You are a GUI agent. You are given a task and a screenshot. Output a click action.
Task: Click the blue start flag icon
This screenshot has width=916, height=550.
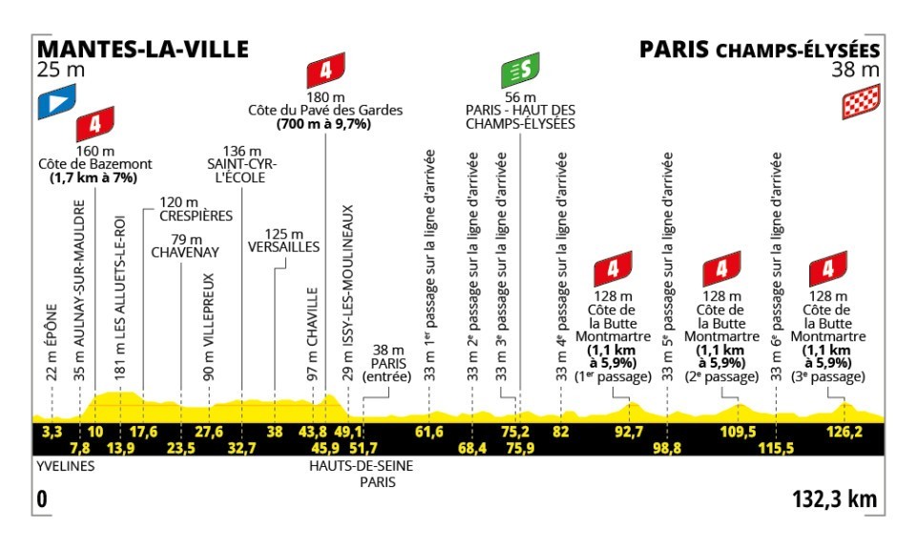(x=55, y=104)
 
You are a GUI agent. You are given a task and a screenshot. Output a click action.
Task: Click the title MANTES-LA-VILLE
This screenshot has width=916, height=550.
(x=141, y=49)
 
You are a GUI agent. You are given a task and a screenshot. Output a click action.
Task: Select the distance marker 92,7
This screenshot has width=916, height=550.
(x=629, y=431)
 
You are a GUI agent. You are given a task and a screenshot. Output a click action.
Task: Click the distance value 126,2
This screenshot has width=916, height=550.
(x=843, y=431)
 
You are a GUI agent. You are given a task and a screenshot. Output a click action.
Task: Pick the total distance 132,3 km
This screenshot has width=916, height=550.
(x=834, y=498)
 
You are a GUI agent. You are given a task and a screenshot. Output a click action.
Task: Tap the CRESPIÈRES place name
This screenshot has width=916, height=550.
(x=197, y=216)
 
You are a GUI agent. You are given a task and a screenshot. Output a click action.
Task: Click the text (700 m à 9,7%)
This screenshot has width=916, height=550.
(x=324, y=124)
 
